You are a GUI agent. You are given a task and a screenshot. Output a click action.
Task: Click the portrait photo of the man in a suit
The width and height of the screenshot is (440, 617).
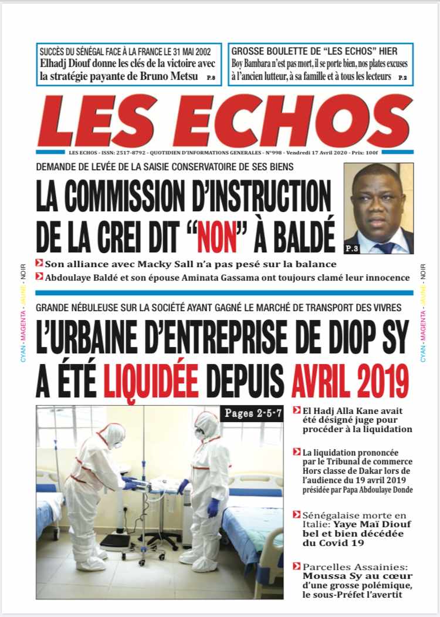378,208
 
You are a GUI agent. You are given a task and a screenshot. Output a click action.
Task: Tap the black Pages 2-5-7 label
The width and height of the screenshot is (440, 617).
253,413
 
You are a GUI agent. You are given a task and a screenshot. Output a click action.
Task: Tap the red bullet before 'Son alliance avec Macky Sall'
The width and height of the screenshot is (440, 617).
39,264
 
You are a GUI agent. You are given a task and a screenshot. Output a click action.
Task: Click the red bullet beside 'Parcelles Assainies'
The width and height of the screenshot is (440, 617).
297,567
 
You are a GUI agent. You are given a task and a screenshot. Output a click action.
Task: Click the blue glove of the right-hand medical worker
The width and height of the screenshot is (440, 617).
213,506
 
